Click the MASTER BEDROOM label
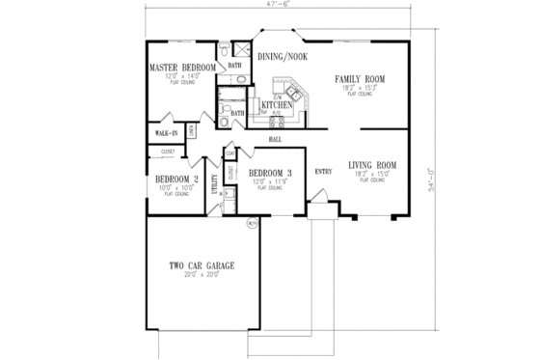pyautogui.click(x=181, y=68)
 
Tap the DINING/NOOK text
pyautogui.click(x=283, y=57)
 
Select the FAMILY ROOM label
pyautogui.click(x=360, y=78)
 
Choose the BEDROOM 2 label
pyautogui.click(x=176, y=179)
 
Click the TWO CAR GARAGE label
pyautogui.click(x=202, y=265)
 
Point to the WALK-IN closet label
pyautogui.click(x=166, y=133)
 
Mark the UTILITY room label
pyautogui.click(x=214, y=184)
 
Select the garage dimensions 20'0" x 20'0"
pyautogui.click(x=202, y=275)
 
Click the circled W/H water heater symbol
pyautogui.click(x=253, y=224)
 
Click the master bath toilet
pyautogui.click(x=223, y=50)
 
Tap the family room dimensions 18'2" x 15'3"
pyautogui.click(x=360, y=88)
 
